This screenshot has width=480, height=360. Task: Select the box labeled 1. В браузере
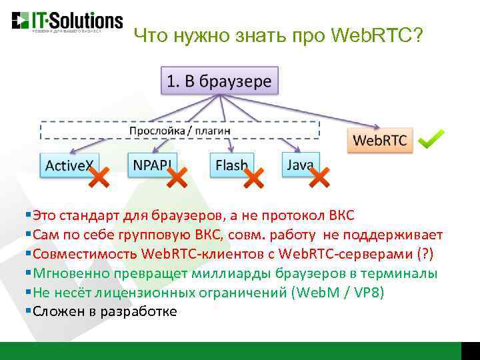pos(219,81)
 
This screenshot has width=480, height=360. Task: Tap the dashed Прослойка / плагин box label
pos(180,130)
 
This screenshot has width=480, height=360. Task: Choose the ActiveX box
pos(69,165)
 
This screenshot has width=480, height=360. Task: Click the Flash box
pos(231,164)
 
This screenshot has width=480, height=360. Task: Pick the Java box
pos(301,164)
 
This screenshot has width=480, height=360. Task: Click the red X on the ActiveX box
pos(99,177)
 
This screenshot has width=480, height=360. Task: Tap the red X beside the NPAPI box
pos(177,177)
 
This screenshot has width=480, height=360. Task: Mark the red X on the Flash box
pos(254,177)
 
